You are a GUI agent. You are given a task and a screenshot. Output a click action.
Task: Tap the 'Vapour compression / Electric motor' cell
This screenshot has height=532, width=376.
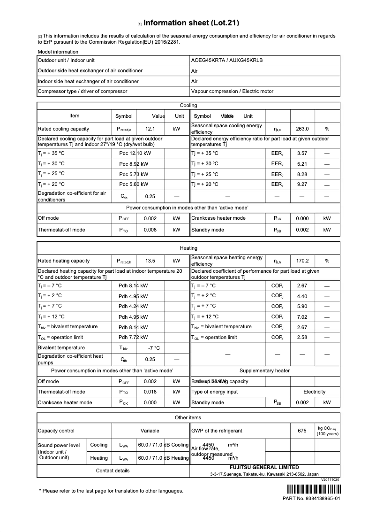[232, 92]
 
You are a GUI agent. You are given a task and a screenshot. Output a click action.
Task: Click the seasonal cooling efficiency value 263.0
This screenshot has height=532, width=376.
[302, 129]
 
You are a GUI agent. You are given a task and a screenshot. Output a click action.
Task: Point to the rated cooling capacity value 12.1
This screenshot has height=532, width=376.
[150, 129]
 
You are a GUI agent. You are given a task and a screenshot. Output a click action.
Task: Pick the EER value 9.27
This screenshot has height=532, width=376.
[302, 185]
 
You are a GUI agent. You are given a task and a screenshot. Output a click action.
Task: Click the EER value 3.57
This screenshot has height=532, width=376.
[302, 154]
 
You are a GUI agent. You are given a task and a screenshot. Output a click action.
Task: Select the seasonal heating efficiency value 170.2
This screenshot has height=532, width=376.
[302, 261]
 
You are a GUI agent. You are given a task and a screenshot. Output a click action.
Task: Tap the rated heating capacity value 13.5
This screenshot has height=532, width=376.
[150, 261]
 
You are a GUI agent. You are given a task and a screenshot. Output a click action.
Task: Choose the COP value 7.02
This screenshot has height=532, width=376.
[302, 317]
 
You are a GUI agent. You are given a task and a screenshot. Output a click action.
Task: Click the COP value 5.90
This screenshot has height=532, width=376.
[302, 307]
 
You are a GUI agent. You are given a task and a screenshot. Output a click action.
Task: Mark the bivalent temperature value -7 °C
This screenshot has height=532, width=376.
[154, 348]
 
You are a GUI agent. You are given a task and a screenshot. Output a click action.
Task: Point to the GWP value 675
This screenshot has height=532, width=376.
[302, 431]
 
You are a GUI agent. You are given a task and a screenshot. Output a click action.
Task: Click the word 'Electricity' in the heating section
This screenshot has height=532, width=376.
[314, 392]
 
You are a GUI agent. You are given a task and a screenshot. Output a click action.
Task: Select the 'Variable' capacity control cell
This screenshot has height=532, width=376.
[150, 431]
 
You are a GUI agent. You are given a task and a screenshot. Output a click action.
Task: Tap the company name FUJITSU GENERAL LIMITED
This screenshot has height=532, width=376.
[264, 467]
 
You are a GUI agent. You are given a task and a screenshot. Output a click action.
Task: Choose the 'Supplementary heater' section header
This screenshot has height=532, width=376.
[264, 370]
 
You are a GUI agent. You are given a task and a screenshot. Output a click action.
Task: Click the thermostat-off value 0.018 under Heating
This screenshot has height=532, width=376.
[150, 392]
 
